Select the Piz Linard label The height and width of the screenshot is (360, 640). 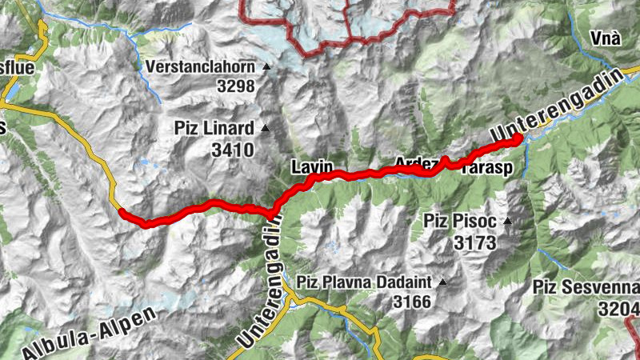pyautogui.click(x=214, y=128)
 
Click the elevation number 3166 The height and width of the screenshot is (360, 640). pyautogui.click(x=412, y=302)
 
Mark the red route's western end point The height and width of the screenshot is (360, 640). pyautogui.click(x=122, y=211)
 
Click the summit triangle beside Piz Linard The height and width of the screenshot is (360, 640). pyautogui.click(x=266, y=128)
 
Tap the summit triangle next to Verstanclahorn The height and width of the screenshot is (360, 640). pyautogui.click(x=266, y=66)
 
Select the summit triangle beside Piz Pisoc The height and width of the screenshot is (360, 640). pyautogui.click(x=506, y=221)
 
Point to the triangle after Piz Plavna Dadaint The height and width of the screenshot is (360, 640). pyautogui.click(x=441, y=282)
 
